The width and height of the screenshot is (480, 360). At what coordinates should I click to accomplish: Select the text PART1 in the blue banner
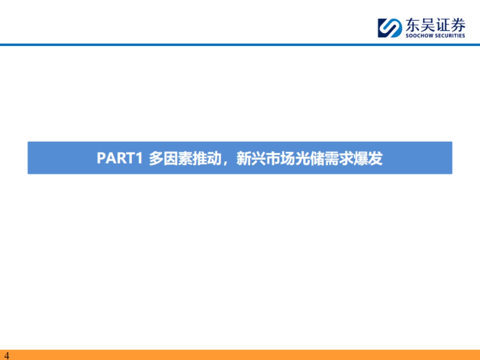(120, 158)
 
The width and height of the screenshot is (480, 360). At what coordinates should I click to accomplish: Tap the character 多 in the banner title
(156, 158)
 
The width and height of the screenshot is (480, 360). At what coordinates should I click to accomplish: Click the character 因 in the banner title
(170, 158)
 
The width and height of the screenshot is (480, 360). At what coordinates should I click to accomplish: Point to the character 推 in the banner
(200, 158)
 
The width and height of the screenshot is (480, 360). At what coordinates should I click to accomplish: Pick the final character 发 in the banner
(376, 158)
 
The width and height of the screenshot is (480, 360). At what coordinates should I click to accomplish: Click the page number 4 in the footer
(6, 356)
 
